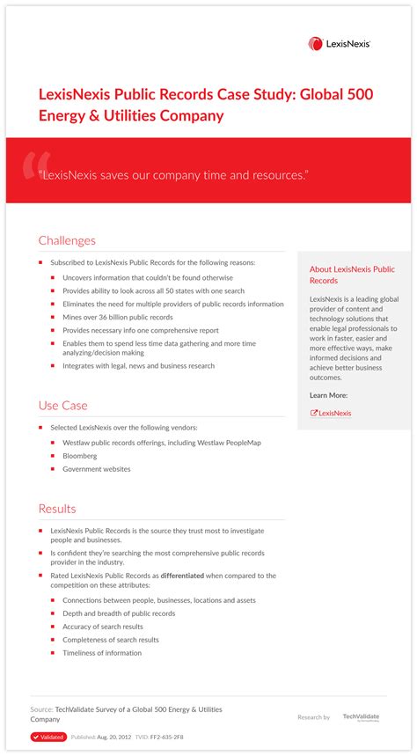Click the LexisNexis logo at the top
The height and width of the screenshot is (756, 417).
(x=339, y=43)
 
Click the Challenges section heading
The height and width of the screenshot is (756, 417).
(x=67, y=240)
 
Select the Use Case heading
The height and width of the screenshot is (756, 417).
(x=62, y=405)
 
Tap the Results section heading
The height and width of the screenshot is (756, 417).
(x=57, y=509)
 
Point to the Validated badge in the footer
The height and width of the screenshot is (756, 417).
(x=48, y=737)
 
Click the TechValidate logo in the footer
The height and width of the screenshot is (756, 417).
(x=361, y=717)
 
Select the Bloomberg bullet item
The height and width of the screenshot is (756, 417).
(x=80, y=456)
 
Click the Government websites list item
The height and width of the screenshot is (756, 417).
(x=96, y=469)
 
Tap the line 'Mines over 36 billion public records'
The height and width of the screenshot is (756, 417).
(x=117, y=317)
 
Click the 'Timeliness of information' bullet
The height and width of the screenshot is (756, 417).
(x=101, y=653)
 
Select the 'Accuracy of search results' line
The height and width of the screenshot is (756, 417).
(x=102, y=627)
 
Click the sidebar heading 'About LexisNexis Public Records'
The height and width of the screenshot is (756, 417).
(x=352, y=275)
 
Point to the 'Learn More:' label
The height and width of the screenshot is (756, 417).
(x=328, y=395)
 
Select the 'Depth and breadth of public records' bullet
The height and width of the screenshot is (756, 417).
(x=118, y=613)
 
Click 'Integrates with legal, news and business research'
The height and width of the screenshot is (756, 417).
(x=138, y=365)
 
